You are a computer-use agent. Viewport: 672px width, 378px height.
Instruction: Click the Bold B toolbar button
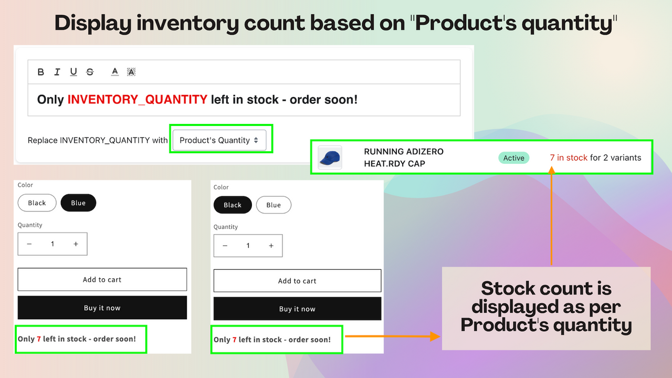(x=41, y=72)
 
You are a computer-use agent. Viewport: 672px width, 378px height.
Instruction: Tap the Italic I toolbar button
(x=57, y=72)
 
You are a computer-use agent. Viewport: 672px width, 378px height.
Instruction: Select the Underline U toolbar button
(x=73, y=72)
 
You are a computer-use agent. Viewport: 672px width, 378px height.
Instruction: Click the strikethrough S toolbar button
(x=90, y=72)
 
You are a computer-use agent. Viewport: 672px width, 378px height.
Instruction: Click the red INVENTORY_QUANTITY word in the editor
(x=137, y=99)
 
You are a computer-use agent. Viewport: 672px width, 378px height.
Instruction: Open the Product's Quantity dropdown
(x=219, y=140)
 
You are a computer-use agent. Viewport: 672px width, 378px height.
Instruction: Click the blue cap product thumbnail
(x=330, y=157)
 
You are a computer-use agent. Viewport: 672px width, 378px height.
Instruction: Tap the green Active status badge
(x=513, y=158)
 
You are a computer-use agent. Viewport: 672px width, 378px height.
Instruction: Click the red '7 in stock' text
(x=569, y=157)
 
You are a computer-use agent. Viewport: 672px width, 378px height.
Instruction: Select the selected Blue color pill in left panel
(x=78, y=203)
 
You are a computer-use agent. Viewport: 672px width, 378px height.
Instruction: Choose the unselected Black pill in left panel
(x=37, y=203)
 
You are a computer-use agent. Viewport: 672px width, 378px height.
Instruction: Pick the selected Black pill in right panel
(x=233, y=205)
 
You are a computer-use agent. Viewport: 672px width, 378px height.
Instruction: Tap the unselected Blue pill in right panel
(x=274, y=205)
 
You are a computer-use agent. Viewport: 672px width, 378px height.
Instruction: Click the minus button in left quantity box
(x=29, y=244)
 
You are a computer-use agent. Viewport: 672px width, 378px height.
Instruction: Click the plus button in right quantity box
(x=271, y=246)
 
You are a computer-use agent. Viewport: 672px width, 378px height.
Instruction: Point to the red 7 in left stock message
(x=39, y=339)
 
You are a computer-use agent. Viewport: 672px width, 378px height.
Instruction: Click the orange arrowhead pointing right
(x=434, y=337)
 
